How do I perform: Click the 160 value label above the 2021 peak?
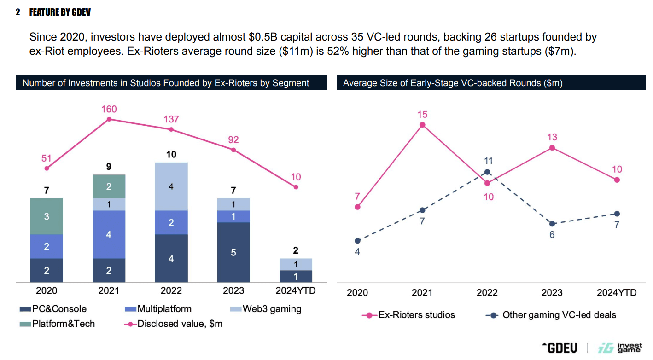pyautogui.click(x=109, y=109)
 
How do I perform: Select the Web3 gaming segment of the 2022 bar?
pyautogui.click(x=171, y=186)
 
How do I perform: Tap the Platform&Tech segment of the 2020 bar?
pyautogui.click(x=47, y=216)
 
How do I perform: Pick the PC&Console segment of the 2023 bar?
pyautogui.click(x=233, y=252)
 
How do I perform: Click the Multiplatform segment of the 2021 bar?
pyautogui.click(x=109, y=234)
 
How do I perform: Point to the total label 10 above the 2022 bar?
pyautogui.click(x=171, y=154)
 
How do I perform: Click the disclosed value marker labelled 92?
pyautogui.click(x=233, y=150)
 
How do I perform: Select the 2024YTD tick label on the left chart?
pyautogui.click(x=296, y=291)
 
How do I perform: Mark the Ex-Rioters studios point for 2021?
pyautogui.click(x=422, y=125)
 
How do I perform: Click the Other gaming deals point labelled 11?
pyautogui.click(x=487, y=172)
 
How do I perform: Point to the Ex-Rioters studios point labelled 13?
pyautogui.click(x=552, y=148)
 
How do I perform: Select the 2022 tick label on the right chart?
pyautogui.click(x=487, y=293)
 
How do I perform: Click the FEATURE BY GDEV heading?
pyautogui.click(x=60, y=12)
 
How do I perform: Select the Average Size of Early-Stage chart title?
pyautogui.click(x=453, y=83)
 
